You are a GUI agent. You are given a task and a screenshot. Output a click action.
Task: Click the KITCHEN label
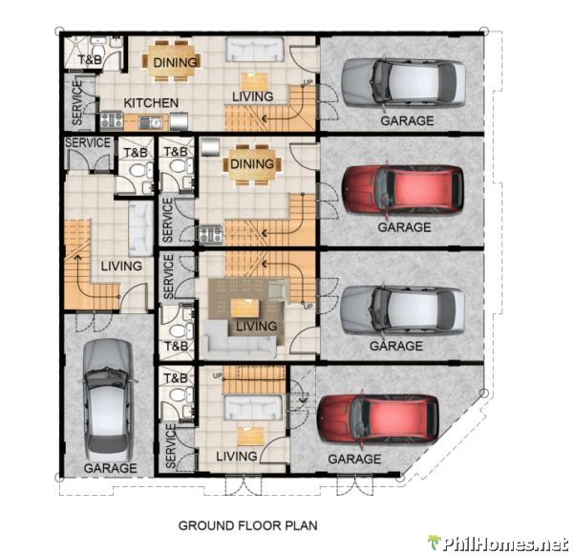pyautogui.click(x=151, y=102)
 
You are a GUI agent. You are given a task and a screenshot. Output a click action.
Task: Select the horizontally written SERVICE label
pyautogui.click(x=87, y=143)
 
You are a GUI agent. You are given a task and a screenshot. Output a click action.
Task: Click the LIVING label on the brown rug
pyautogui.click(x=255, y=327)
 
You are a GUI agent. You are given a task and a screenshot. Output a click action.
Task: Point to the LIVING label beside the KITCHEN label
pyautogui.click(x=252, y=96)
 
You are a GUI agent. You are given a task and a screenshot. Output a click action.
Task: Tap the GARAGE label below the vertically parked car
pyautogui.click(x=110, y=468)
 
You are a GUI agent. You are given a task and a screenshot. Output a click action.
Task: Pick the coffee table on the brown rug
pyautogui.click(x=246, y=308)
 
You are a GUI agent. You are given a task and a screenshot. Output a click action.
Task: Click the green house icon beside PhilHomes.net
pyautogui.click(x=435, y=542)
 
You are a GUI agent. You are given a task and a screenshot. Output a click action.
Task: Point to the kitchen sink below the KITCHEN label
pyautogui.click(x=150, y=121)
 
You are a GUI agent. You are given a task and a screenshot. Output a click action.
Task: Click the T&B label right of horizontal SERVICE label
pyautogui.click(x=134, y=152)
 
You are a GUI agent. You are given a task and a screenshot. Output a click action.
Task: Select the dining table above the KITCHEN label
pyautogui.click(x=173, y=60)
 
